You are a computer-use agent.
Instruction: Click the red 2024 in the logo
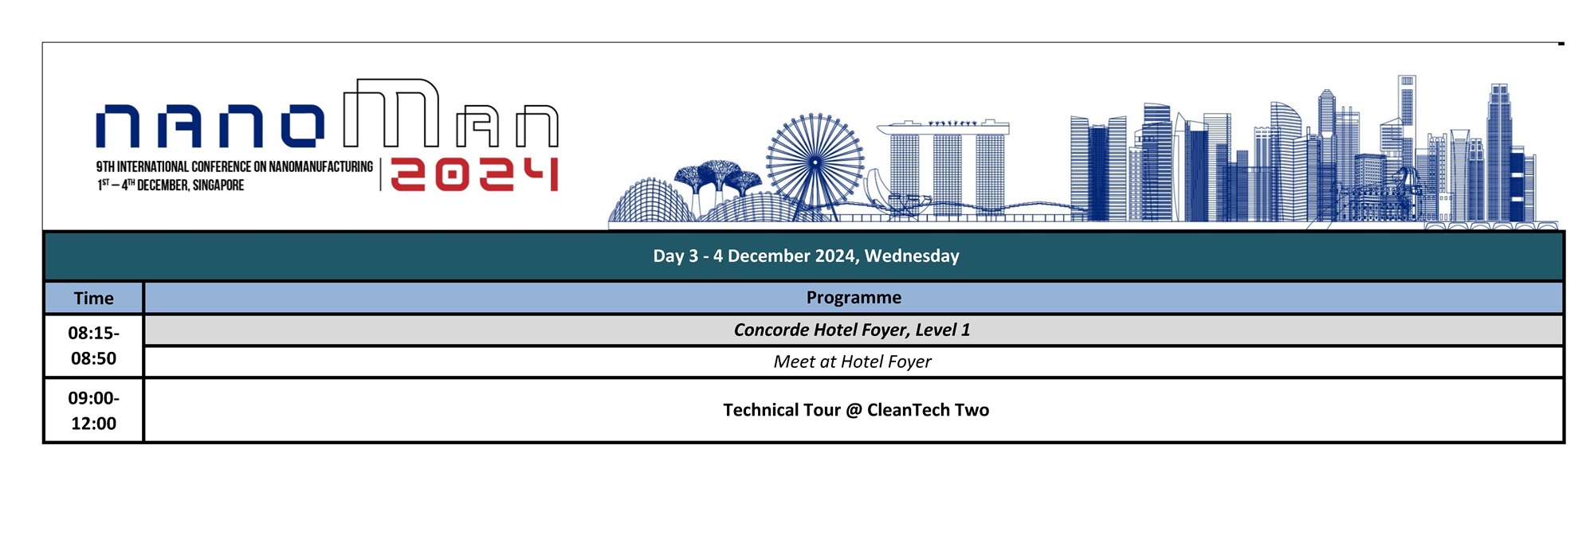click(x=474, y=174)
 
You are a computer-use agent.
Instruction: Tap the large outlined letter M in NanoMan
click(x=391, y=113)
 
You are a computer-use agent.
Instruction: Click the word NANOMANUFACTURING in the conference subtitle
click(x=320, y=166)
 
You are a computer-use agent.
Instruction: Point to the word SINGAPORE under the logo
click(x=218, y=186)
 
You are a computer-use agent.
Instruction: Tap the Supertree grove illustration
click(x=718, y=179)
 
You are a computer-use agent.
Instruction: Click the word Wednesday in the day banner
click(x=912, y=256)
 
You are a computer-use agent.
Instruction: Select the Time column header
click(x=94, y=298)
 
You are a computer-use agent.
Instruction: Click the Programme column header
click(x=854, y=297)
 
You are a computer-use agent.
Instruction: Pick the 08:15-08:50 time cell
click(x=94, y=346)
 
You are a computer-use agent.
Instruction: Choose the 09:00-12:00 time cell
click(x=94, y=410)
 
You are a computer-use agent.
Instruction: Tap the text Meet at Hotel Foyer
click(x=852, y=361)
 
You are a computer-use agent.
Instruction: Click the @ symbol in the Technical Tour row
click(x=854, y=410)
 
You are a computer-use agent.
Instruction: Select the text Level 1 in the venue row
click(x=943, y=330)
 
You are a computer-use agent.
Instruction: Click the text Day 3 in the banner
click(x=676, y=256)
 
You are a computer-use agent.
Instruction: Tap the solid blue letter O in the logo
click(x=303, y=127)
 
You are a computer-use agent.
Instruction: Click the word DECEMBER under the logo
click(x=163, y=186)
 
